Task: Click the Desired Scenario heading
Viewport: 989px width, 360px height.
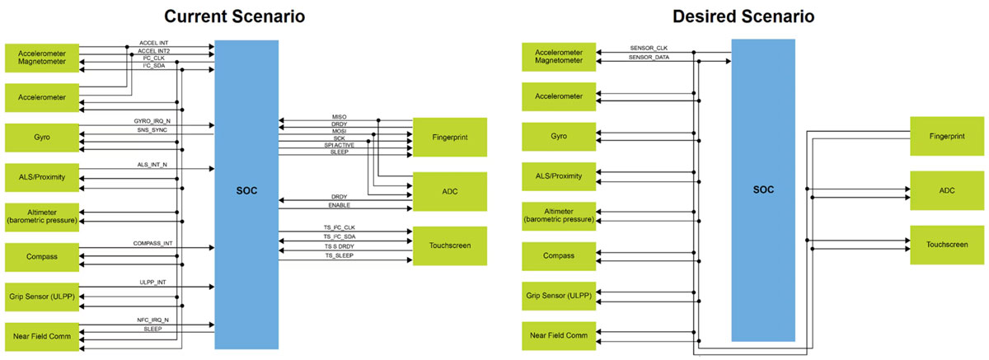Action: pyautogui.click(x=743, y=16)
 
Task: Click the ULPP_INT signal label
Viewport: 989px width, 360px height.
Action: pyautogui.click(x=152, y=283)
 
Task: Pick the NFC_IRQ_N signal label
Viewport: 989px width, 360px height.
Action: pyautogui.click(x=152, y=320)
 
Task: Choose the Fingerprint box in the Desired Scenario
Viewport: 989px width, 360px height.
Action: pyautogui.click(x=946, y=136)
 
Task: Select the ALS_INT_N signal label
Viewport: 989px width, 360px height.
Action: pyautogui.click(x=152, y=165)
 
